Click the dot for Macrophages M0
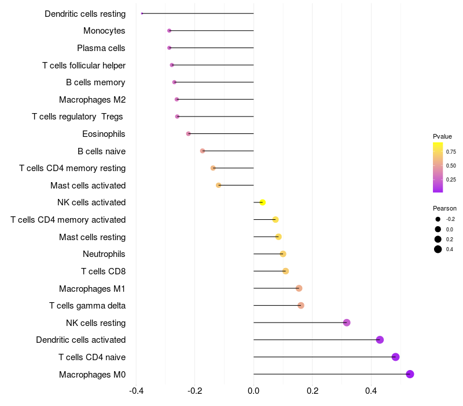410,374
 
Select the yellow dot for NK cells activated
263,202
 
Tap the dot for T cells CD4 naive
396,357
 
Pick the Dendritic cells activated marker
380,340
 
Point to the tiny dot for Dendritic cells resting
142,13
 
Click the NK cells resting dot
347,322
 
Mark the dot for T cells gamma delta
301,305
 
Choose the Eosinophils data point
188,134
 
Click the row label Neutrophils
104,254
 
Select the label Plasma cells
101,48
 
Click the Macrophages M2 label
93,100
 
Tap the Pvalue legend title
442,136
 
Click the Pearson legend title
444,208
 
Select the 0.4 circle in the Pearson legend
438,249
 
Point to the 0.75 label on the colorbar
451,151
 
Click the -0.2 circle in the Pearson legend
438,219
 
